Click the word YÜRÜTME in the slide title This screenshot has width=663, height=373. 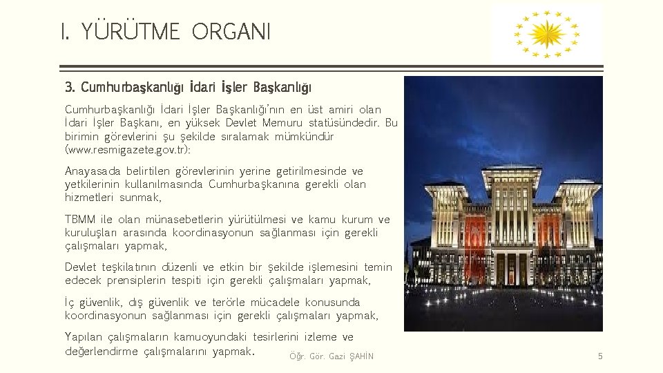tap(131, 31)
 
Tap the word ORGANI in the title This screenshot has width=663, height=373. tap(231, 31)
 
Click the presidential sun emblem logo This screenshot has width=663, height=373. tap(546, 33)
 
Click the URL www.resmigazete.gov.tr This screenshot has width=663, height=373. tap(126, 149)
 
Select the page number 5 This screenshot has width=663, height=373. tap(600, 356)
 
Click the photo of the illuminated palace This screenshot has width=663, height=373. tap(503, 204)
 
